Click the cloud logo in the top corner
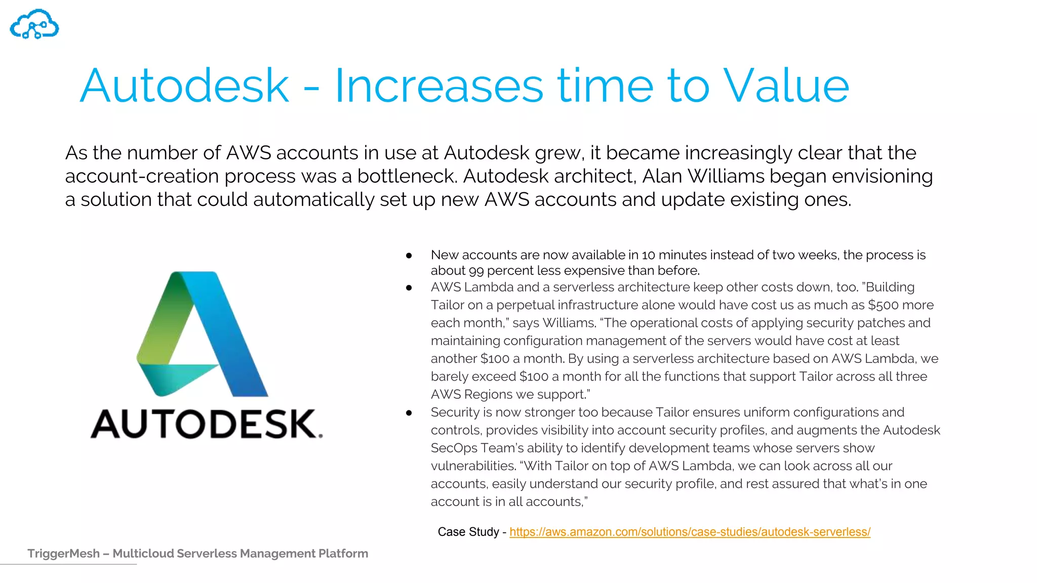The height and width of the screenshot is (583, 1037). [34, 24]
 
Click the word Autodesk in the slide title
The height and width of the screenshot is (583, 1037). [184, 86]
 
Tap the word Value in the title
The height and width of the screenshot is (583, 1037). [785, 86]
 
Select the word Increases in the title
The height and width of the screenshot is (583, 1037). [439, 86]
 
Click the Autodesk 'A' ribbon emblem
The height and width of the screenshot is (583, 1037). [203, 334]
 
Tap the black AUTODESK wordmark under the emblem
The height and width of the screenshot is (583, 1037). [206, 424]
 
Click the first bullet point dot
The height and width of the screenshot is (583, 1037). [409, 256]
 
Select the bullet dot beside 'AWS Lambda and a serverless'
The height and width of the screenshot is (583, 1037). [409, 288]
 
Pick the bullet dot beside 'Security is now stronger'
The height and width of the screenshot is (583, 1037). [409, 413]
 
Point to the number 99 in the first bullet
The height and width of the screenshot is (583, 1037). [476, 271]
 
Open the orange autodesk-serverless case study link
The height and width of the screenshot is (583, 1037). [690, 532]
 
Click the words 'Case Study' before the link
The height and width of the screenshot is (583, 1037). [468, 532]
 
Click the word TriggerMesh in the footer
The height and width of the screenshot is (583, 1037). [63, 554]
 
